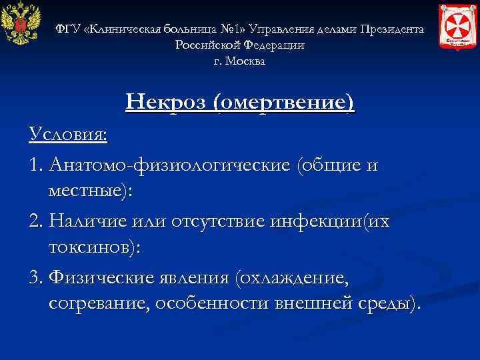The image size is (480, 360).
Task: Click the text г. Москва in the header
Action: [x=239, y=61]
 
